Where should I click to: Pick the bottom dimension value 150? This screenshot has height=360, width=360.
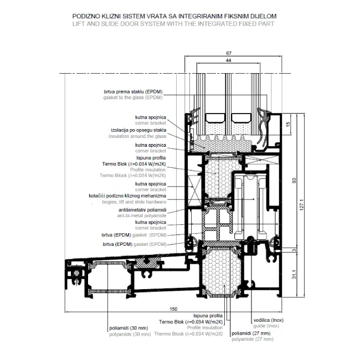click(x=174, y=308)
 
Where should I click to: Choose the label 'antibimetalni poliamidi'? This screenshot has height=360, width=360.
click(x=142, y=211)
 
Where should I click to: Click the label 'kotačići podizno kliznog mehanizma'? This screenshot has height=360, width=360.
click(x=127, y=196)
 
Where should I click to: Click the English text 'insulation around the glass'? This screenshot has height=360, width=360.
click(x=137, y=136)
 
